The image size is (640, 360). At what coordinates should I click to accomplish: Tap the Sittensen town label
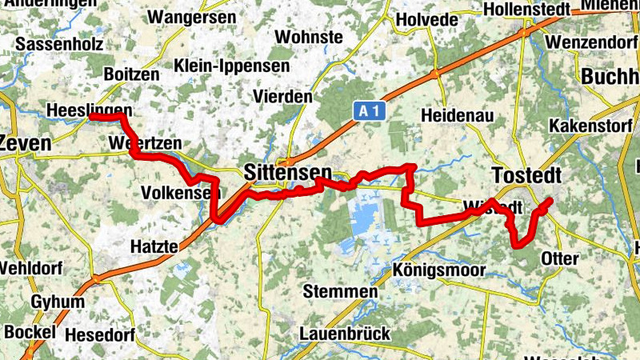coord(287,172)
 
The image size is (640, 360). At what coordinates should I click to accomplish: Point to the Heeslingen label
coord(89,110)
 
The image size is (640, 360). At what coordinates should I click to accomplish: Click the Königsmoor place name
coord(438,270)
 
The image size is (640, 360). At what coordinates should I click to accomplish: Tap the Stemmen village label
coord(340,292)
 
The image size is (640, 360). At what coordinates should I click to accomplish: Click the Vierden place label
coord(282,96)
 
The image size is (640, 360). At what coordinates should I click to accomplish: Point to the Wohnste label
coord(309,37)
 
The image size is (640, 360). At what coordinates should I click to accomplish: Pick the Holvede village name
coord(427,19)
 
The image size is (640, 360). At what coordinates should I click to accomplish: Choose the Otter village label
coord(559,258)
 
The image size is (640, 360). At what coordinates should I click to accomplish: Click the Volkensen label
coord(180,193)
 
